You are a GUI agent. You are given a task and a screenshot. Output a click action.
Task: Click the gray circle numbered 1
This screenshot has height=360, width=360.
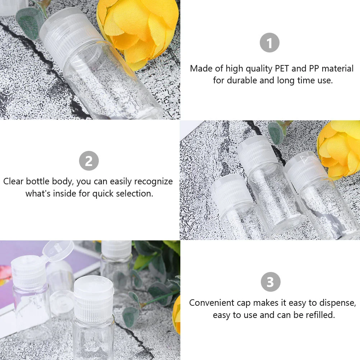click(269, 43)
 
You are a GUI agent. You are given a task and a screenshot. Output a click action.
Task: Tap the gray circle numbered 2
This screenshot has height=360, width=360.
click(89, 161)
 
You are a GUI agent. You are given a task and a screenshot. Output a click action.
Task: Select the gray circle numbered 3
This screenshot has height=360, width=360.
click(270, 282)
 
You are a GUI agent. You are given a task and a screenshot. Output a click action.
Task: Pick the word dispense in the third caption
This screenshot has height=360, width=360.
click(337, 303)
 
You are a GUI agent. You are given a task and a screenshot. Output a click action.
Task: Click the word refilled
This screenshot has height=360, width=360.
click(318, 315)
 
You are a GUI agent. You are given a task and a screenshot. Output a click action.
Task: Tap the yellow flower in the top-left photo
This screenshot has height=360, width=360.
click(138, 29)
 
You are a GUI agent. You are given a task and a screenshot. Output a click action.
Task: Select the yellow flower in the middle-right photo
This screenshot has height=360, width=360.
click(340, 147)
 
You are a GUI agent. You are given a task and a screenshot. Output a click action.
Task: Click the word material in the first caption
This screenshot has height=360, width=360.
click(337, 68)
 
